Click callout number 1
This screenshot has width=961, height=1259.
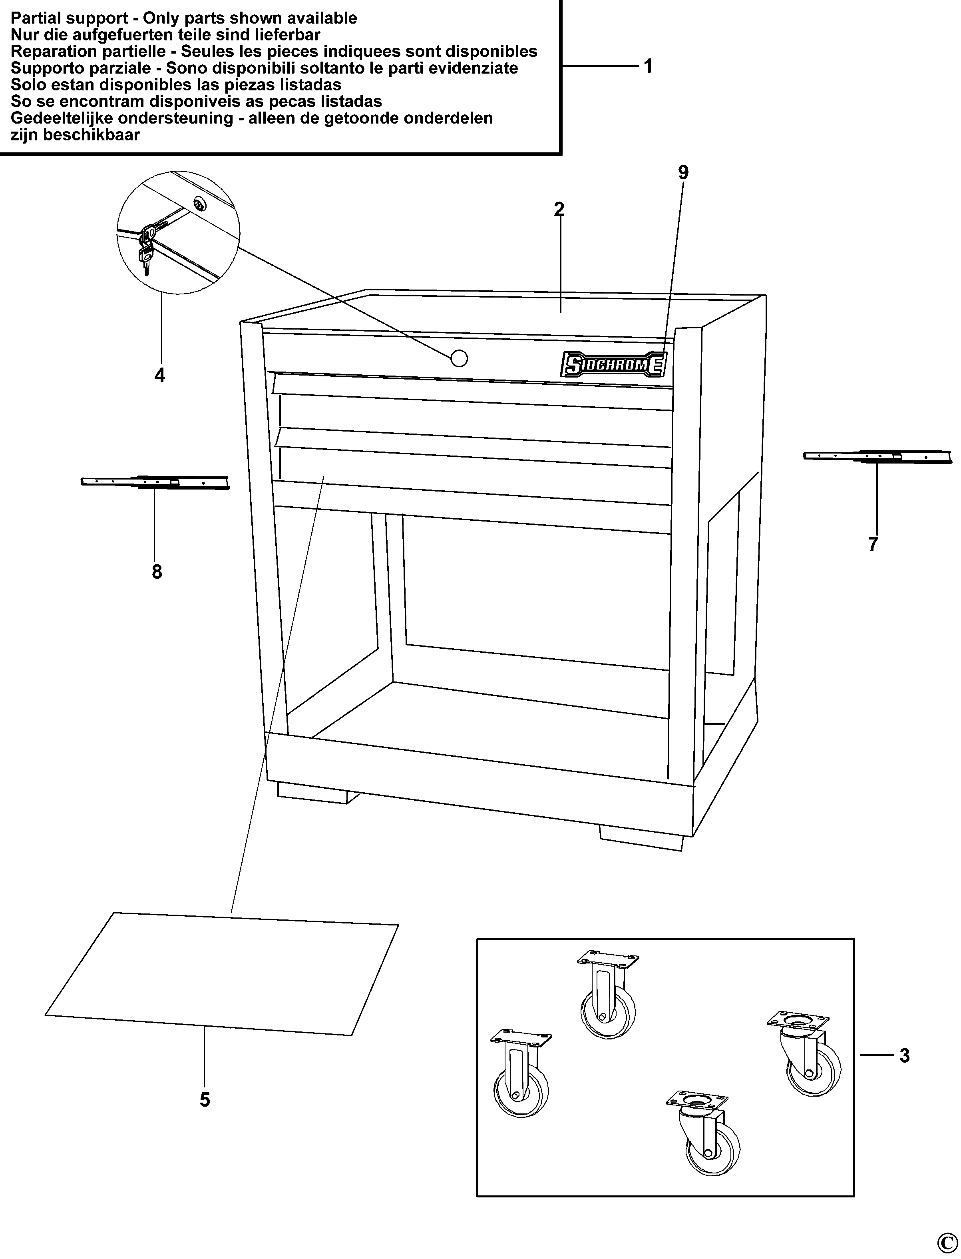[x=648, y=66]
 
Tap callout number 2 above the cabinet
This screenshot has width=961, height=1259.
[x=559, y=210]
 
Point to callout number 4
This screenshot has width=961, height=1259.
[x=159, y=376]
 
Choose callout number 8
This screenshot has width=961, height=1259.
[x=157, y=572]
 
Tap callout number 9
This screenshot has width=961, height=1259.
[x=683, y=172]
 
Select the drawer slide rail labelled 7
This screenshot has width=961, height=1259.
[x=878, y=456]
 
